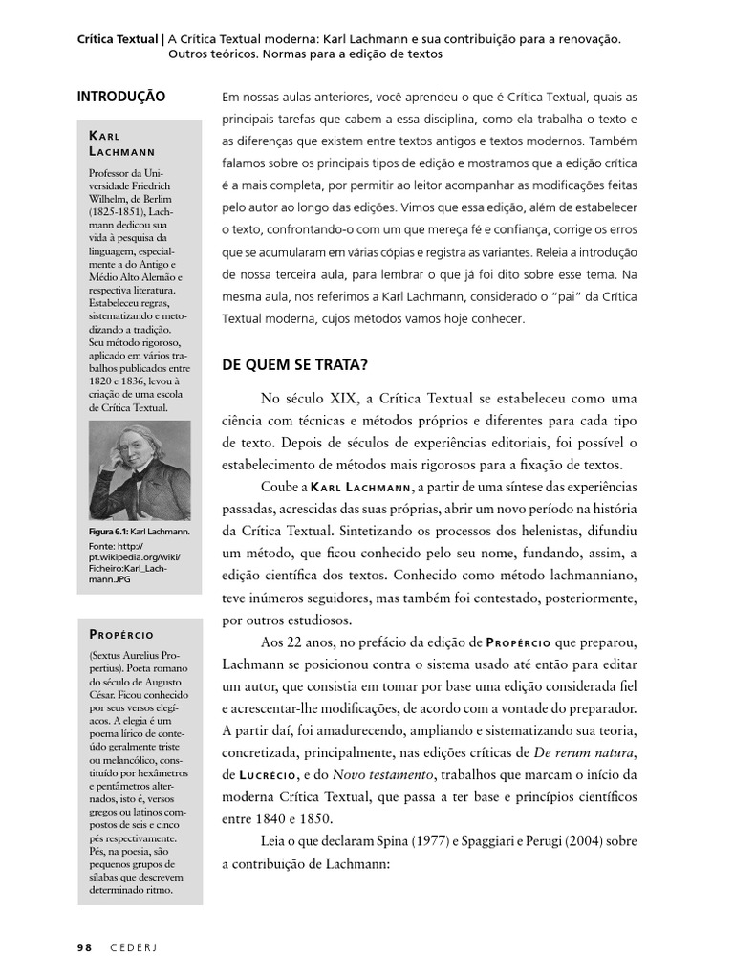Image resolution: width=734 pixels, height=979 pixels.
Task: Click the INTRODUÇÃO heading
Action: [120, 97]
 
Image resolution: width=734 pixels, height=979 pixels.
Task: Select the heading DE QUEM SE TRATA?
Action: [294, 364]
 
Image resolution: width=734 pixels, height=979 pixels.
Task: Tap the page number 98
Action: [84, 947]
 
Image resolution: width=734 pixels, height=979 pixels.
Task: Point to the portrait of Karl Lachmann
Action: [140, 471]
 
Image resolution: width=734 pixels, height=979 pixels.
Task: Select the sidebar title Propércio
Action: [120, 634]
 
